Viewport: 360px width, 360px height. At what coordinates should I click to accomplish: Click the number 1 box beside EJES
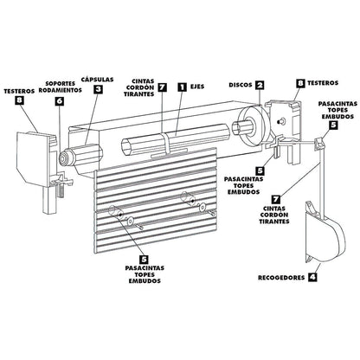tap(182, 87)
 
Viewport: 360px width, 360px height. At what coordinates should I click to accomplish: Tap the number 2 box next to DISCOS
tap(260, 86)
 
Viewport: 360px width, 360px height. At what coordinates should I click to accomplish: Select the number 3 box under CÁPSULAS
tap(98, 88)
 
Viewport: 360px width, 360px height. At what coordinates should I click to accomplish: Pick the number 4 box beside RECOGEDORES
tap(312, 279)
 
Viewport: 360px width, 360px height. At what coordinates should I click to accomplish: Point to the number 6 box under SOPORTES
tap(60, 101)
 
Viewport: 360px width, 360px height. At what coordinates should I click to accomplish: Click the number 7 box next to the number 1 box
tap(162, 87)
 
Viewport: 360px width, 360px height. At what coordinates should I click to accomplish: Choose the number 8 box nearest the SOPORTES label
tap(20, 101)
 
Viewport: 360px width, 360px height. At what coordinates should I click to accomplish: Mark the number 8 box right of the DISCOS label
tap(299, 84)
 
